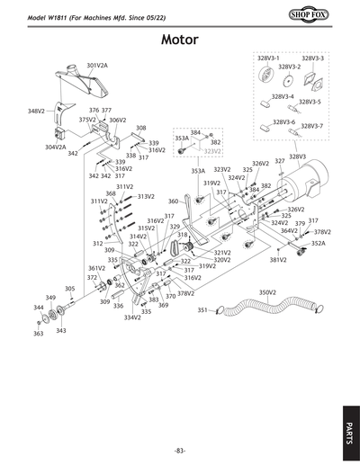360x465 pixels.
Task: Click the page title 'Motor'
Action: [x=185, y=40]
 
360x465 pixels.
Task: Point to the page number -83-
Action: [x=180, y=450]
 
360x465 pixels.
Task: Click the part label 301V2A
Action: [x=97, y=66]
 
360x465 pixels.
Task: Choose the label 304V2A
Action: [x=55, y=147]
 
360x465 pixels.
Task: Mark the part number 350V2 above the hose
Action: [x=266, y=292]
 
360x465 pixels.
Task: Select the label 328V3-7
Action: [x=311, y=125]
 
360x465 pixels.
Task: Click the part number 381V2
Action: [x=278, y=260]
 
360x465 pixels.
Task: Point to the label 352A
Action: [x=318, y=244]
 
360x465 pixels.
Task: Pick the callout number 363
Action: [x=38, y=334]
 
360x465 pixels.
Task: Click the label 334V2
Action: [x=132, y=317]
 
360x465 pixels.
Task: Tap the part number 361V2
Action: [x=96, y=268]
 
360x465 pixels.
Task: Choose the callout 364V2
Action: [x=289, y=230]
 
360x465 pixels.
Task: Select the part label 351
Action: [x=202, y=310]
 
